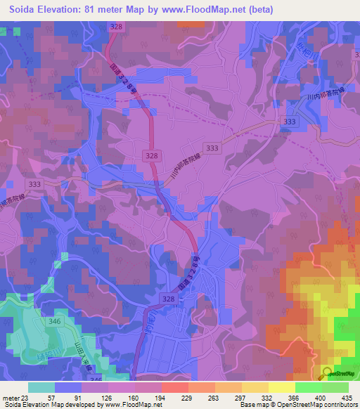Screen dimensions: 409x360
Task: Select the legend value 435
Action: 347,397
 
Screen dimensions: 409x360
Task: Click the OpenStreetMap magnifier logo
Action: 327,373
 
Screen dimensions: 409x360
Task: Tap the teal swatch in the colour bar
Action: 41,387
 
